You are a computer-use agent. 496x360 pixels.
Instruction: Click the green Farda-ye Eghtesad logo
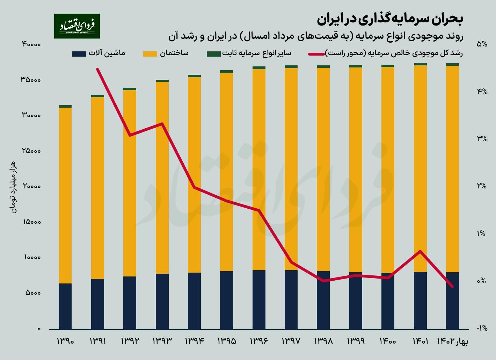coord(77,26)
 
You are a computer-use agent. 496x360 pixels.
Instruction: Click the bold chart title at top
coord(390,19)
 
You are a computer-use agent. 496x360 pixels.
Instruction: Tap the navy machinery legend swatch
coord(79,53)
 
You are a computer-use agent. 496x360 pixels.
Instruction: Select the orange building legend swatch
coord(150,53)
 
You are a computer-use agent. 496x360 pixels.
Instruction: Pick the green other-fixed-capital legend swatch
coord(213,53)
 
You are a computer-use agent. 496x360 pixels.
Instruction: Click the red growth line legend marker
coord(316,54)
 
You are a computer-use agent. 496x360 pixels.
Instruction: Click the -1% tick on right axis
coord(482,328)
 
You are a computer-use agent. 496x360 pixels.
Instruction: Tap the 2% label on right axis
coord(482,186)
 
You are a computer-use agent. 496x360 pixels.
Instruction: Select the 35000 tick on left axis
coord(31,80)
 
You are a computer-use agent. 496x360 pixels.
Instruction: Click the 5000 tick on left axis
coord(33,293)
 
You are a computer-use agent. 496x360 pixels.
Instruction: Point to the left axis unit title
coord(13,187)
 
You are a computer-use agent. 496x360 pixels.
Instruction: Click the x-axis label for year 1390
coord(65,341)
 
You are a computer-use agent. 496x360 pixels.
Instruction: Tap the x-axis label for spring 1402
coord(452,341)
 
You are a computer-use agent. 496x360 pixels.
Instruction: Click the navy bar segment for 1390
coord(65,306)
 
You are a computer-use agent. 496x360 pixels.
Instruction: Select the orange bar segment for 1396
coord(259,170)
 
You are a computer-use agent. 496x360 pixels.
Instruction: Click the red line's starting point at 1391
coord(97,69)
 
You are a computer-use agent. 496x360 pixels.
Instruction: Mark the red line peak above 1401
coord(420,251)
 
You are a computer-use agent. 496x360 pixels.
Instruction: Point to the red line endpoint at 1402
coord(452,287)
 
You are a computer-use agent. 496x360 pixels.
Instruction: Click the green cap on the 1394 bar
coord(194,76)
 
